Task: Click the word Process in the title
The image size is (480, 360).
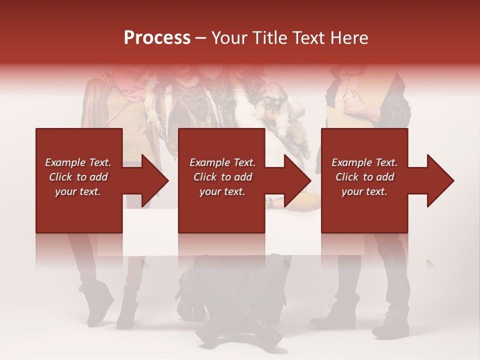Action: click(157, 38)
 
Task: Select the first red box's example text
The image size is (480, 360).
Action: click(78, 177)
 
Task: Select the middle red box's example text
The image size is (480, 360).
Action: click(222, 177)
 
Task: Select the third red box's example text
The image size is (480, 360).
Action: click(364, 177)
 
